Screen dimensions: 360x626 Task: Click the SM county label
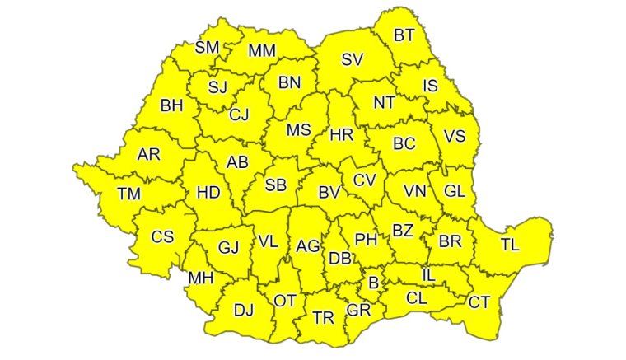(207, 47)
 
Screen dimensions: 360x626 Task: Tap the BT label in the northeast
(404, 35)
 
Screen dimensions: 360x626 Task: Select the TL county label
(510, 245)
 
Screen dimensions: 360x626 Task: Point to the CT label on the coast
(479, 302)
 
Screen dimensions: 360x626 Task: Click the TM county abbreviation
(128, 194)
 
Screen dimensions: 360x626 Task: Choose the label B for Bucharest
(374, 283)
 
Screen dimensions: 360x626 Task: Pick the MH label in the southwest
(201, 278)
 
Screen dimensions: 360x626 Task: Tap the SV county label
(353, 59)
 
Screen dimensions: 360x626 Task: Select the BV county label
(329, 193)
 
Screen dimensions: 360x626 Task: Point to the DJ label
(244, 311)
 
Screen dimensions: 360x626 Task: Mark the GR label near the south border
(358, 311)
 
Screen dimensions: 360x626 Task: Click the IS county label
(430, 86)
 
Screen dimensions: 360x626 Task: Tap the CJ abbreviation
(239, 115)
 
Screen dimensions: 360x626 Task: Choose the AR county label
(149, 154)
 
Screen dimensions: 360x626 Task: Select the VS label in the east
(455, 137)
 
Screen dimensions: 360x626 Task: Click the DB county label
(339, 258)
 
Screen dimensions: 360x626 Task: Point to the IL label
(428, 274)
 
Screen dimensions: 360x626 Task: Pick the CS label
(163, 237)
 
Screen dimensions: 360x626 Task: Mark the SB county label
(275, 185)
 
